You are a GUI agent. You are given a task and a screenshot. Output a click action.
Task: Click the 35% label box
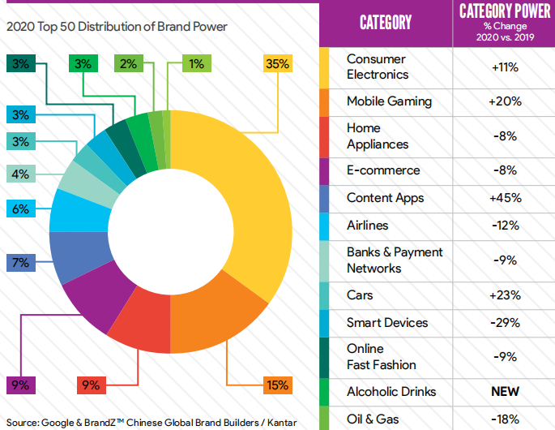[278, 63]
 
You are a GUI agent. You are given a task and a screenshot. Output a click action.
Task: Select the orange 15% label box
[278, 385]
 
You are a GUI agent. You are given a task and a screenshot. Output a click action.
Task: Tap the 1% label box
[197, 63]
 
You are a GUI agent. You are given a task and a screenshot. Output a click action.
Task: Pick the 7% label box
[21, 263]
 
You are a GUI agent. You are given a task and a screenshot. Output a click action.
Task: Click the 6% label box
[21, 209]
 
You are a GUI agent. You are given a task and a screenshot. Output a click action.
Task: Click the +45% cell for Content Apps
[505, 198]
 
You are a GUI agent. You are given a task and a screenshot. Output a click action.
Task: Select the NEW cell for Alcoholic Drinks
[505, 391]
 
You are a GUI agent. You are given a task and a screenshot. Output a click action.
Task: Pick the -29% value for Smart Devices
[505, 323]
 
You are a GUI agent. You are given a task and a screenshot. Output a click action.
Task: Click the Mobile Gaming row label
[389, 101]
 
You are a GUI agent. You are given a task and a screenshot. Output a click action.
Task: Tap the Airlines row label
[367, 225]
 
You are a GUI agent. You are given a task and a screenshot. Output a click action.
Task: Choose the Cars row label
[360, 295]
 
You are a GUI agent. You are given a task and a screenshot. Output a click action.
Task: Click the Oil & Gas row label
[373, 419]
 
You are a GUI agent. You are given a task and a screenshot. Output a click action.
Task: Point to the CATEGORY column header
[386, 23]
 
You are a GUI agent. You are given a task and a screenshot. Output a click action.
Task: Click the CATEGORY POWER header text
[505, 11]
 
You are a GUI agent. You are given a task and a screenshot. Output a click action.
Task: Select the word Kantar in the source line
[282, 423]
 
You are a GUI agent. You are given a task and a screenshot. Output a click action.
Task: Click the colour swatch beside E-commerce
[324, 171]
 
